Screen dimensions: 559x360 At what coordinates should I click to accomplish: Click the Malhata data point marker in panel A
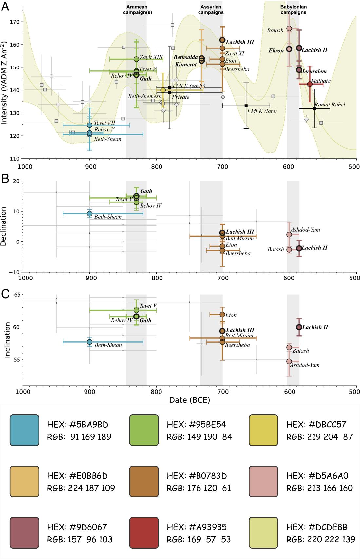click(310, 84)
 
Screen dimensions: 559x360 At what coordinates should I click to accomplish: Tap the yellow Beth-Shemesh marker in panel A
click(163, 90)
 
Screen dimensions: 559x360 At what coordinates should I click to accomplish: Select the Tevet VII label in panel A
click(104, 123)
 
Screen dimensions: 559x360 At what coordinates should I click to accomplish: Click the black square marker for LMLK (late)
click(246, 106)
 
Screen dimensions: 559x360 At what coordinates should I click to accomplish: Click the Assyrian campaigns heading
click(211, 10)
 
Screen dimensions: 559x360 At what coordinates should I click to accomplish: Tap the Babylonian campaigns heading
click(293, 10)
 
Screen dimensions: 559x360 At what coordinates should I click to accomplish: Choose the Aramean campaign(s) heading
click(137, 10)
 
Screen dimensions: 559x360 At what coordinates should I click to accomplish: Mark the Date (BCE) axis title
click(190, 400)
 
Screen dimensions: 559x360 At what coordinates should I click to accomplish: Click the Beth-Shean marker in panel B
click(90, 214)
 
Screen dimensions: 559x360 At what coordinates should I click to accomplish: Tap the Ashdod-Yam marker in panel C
click(289, 361)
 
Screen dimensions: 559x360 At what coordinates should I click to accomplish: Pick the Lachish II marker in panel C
click(299, 327)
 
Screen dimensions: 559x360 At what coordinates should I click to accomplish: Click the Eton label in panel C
click(231, 315)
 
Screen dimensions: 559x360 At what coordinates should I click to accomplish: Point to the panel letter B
click(5, 178)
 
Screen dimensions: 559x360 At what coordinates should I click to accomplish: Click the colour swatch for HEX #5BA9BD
click(25, 430)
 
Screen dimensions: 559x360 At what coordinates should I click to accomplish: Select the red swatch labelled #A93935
click(144, 533)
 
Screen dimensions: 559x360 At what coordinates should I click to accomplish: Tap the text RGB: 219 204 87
click(319, 437)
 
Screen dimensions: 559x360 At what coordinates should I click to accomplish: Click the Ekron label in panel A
click(276, 51)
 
